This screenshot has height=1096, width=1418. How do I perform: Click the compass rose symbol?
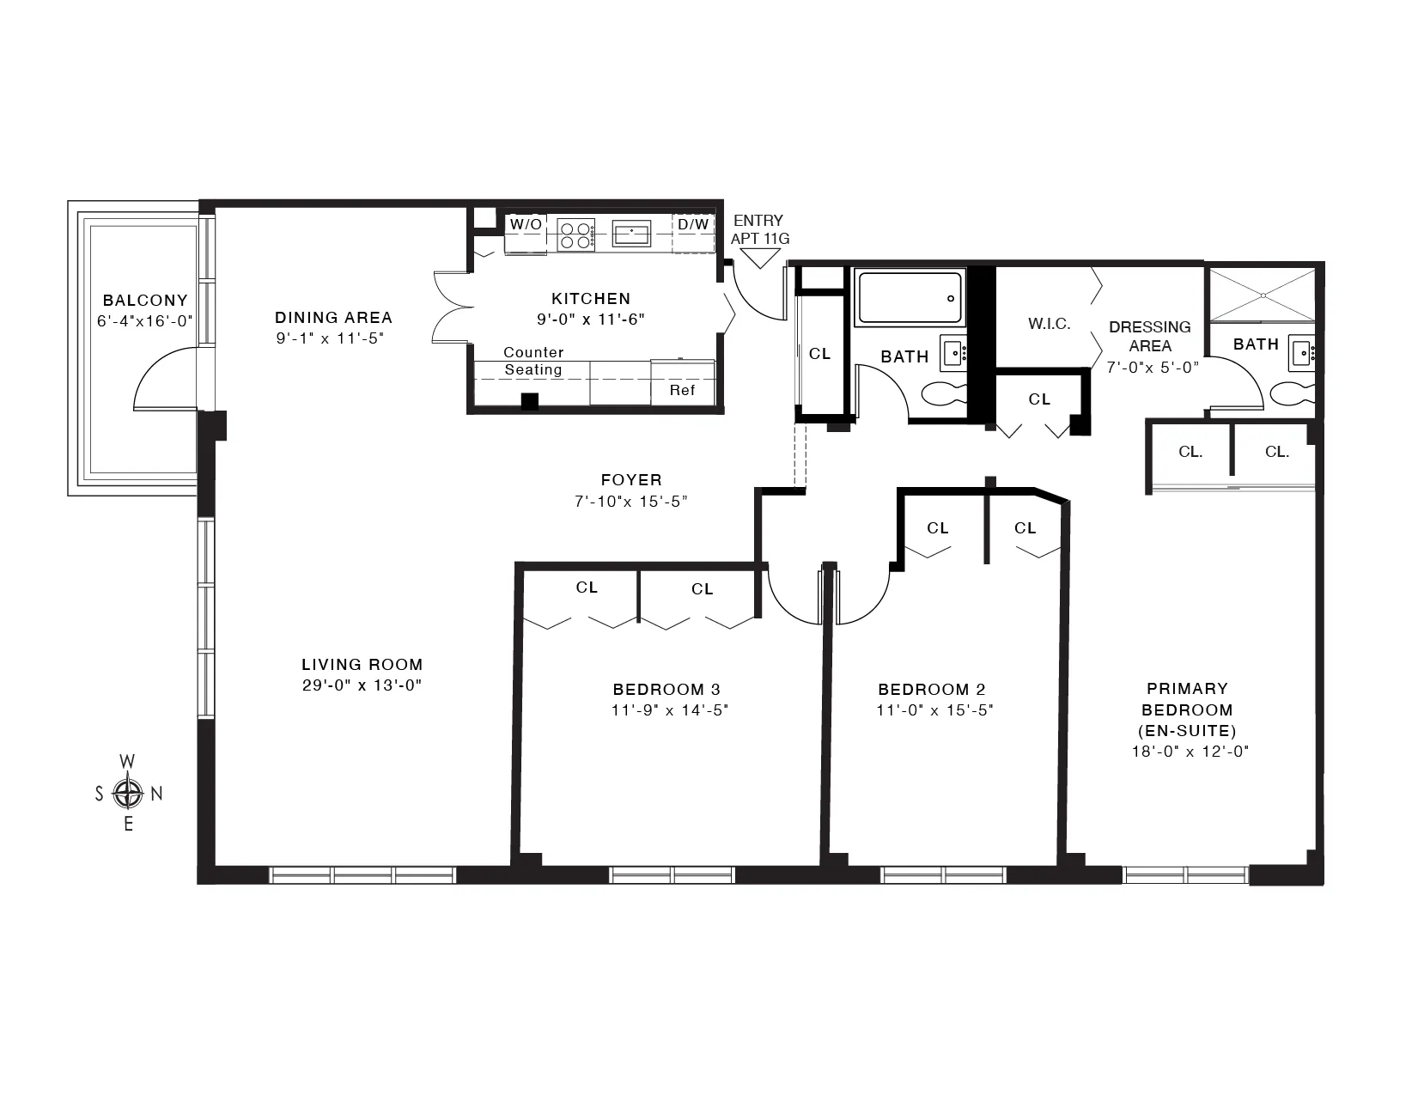click(x=128, y=793)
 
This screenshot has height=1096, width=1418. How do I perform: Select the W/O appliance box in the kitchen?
click(x=526, y=225)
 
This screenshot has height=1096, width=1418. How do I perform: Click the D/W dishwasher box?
click(x=693, y=225)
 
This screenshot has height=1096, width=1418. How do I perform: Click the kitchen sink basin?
click(x=631, y=232)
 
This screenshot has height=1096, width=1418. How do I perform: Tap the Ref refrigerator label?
click(x=683, y=391)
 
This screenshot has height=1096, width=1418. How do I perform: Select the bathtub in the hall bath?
click(x=910, y=298)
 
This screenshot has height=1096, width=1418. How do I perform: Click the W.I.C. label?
click(x=1049, y=324)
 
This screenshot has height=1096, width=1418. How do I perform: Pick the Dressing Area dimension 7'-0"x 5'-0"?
click(x=1151, y=365)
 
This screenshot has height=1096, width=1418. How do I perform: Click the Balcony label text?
click(x=145, y=301)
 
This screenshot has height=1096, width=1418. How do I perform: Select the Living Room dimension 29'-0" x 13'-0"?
click(x=362, y=685)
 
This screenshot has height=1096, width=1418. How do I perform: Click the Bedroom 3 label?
click(x=666, y=690)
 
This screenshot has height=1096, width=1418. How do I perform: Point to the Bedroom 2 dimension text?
click(x=934, y=710)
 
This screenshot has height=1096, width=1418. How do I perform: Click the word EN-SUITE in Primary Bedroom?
click(x=1187, y=731)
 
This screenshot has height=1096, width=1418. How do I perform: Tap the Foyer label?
click(x=631, y=480)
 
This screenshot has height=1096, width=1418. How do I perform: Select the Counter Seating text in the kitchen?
click(x=533, y=361)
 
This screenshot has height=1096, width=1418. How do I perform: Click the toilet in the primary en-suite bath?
click(x=1293, y=394)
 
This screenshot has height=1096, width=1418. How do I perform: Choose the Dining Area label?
click(x=333, y=318)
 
